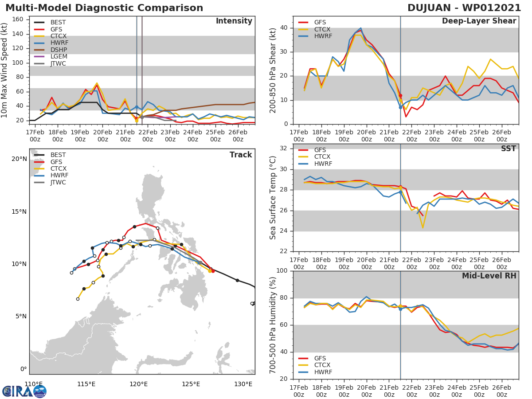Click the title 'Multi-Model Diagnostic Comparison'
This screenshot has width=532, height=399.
[104, 8]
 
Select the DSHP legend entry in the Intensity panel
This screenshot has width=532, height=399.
[58, 50]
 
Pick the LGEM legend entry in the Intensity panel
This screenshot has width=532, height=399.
[58, 57]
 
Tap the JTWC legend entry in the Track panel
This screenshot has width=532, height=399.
[58, 182]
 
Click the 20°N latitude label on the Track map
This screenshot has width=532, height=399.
[19, 159]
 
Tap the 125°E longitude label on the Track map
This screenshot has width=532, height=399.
[191, 384]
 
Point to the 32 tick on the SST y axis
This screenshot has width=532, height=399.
[284, 149]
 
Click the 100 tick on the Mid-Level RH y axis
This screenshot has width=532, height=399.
[282, 270]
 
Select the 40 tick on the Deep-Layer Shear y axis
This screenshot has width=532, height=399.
[284, 28]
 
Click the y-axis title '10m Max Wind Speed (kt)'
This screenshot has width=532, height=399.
[5, 71]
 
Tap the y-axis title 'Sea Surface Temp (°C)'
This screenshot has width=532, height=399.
[273, 198]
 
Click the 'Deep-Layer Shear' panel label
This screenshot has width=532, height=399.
[479, 21]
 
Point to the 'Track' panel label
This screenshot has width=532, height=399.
[241, 155]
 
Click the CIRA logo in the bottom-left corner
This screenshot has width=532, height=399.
[24, 391]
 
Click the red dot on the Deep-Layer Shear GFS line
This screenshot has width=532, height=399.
[400, 95]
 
